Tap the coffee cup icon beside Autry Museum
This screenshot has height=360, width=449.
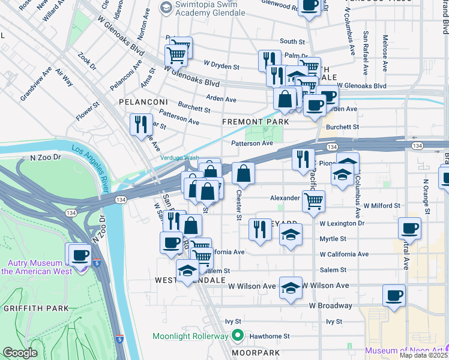[x=80, y=254]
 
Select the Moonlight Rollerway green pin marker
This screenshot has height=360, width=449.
[x=238, y=336]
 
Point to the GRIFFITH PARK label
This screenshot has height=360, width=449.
[x=29, y=308]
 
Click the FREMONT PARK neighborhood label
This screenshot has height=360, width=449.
[x=255, y=121]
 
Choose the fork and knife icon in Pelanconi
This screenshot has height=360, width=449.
[x=141, y=124]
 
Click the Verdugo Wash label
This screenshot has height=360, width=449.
[x=179, y=158]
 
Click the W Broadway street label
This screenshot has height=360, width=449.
[x=331, y=305]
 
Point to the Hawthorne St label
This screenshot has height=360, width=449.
[x=270, y=337]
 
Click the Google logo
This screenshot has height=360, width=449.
[x=20, y=353]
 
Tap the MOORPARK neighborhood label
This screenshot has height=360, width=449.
[x=258, y=352]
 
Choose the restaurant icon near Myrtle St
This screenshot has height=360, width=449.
[x=260, y=230]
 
